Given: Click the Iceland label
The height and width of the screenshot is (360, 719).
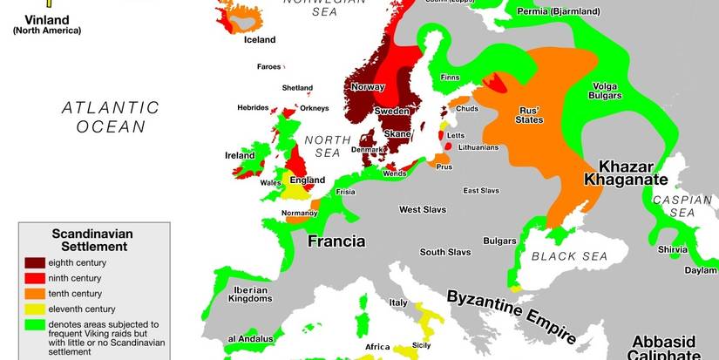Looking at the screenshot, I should [259, 39].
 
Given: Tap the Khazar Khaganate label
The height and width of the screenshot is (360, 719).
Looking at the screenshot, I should [632, 173].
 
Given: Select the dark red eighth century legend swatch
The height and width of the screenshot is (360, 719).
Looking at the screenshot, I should [36, 262].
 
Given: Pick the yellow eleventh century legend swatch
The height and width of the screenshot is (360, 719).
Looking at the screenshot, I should [36, 309].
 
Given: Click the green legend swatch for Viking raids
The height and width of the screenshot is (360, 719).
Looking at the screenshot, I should [36, 324].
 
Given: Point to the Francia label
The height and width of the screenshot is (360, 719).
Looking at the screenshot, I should [336, 241].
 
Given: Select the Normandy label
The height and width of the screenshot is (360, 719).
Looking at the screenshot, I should [300, 213].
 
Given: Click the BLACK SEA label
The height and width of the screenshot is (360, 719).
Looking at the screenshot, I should [569, 255].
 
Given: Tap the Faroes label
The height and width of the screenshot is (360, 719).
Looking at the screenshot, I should [268, 66].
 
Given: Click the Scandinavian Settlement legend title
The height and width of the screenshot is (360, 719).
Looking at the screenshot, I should [90, 241].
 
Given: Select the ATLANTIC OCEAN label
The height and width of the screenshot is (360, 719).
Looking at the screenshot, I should [111, 117].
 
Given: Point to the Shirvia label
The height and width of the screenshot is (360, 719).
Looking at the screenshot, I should [673, 248].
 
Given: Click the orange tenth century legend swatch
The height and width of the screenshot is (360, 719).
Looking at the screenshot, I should [36, 293].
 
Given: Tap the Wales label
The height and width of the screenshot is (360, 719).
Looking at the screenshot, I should [270, 183].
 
